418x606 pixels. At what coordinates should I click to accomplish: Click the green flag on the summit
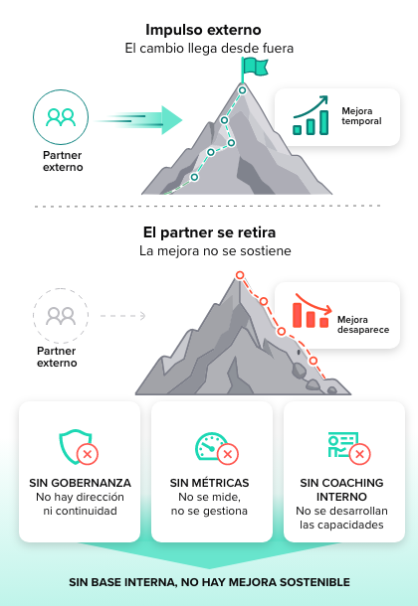(255, 67)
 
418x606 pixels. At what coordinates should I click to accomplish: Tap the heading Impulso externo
(203, 30)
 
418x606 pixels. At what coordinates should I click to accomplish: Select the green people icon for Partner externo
(61, 117)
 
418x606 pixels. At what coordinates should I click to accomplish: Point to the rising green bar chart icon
(311, 115)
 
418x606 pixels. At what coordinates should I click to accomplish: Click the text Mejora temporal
(361, 116)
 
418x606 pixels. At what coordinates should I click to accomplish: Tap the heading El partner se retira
(209, 232)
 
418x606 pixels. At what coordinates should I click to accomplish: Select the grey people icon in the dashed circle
(61, 316)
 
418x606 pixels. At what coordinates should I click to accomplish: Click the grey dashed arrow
(123, 316)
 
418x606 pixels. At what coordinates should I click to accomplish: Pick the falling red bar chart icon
(312, 311)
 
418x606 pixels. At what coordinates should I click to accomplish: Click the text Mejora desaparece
(363, 325)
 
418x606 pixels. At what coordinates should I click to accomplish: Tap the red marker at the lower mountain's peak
(240, 275)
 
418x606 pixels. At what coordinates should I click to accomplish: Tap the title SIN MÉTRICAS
(209, 483)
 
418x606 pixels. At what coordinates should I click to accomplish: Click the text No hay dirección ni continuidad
(80, 504)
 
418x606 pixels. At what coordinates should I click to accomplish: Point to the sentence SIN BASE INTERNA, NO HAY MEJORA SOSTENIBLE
(209, 582)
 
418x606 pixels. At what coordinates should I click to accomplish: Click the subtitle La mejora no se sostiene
(215, 250)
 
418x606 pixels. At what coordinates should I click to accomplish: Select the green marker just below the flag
(242, 90)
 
